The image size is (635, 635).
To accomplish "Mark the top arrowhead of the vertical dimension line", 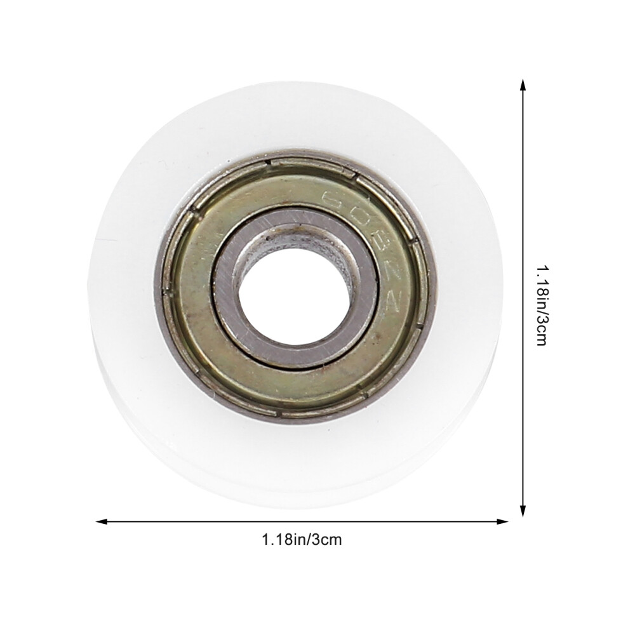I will point(523,84).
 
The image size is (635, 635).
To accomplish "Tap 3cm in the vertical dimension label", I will point(540,330).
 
